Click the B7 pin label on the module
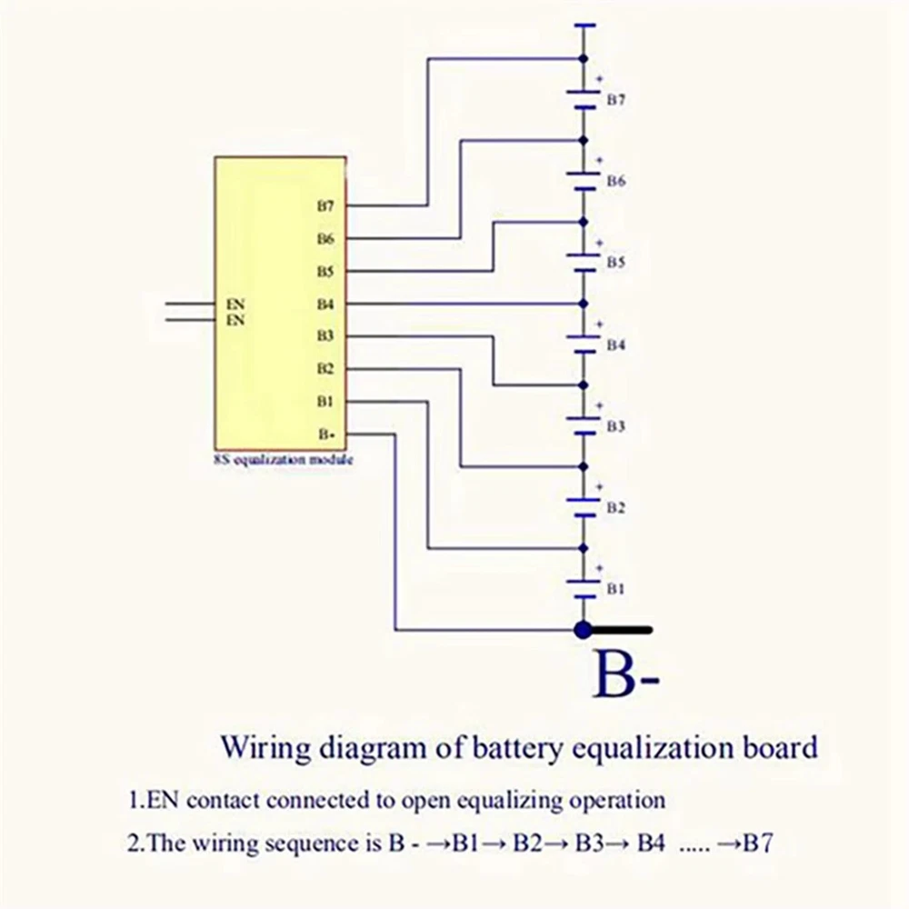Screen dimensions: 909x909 (325, 205)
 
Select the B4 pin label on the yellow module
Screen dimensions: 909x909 (325, 304)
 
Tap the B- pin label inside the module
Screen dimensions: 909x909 (326, 435)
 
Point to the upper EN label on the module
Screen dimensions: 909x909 (235, 304)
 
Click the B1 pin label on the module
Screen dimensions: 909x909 (325, 402)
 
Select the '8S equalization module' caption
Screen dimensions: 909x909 (284, 460)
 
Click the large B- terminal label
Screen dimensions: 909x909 (626, 674)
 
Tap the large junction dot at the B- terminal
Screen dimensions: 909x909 (584, 630)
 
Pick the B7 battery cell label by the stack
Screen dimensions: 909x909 (615, 100)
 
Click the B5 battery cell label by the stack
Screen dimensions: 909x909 (615, 263)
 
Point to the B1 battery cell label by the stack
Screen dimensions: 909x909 (615, 589)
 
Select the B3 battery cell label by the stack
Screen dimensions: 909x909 (615, 426)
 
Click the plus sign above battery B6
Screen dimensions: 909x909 (599, 160)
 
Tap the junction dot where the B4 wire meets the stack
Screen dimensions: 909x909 (584, 304)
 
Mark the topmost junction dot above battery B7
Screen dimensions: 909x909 (584, 58)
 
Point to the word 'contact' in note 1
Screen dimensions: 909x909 (223, 801)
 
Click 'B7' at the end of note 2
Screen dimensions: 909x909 (758, 843)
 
